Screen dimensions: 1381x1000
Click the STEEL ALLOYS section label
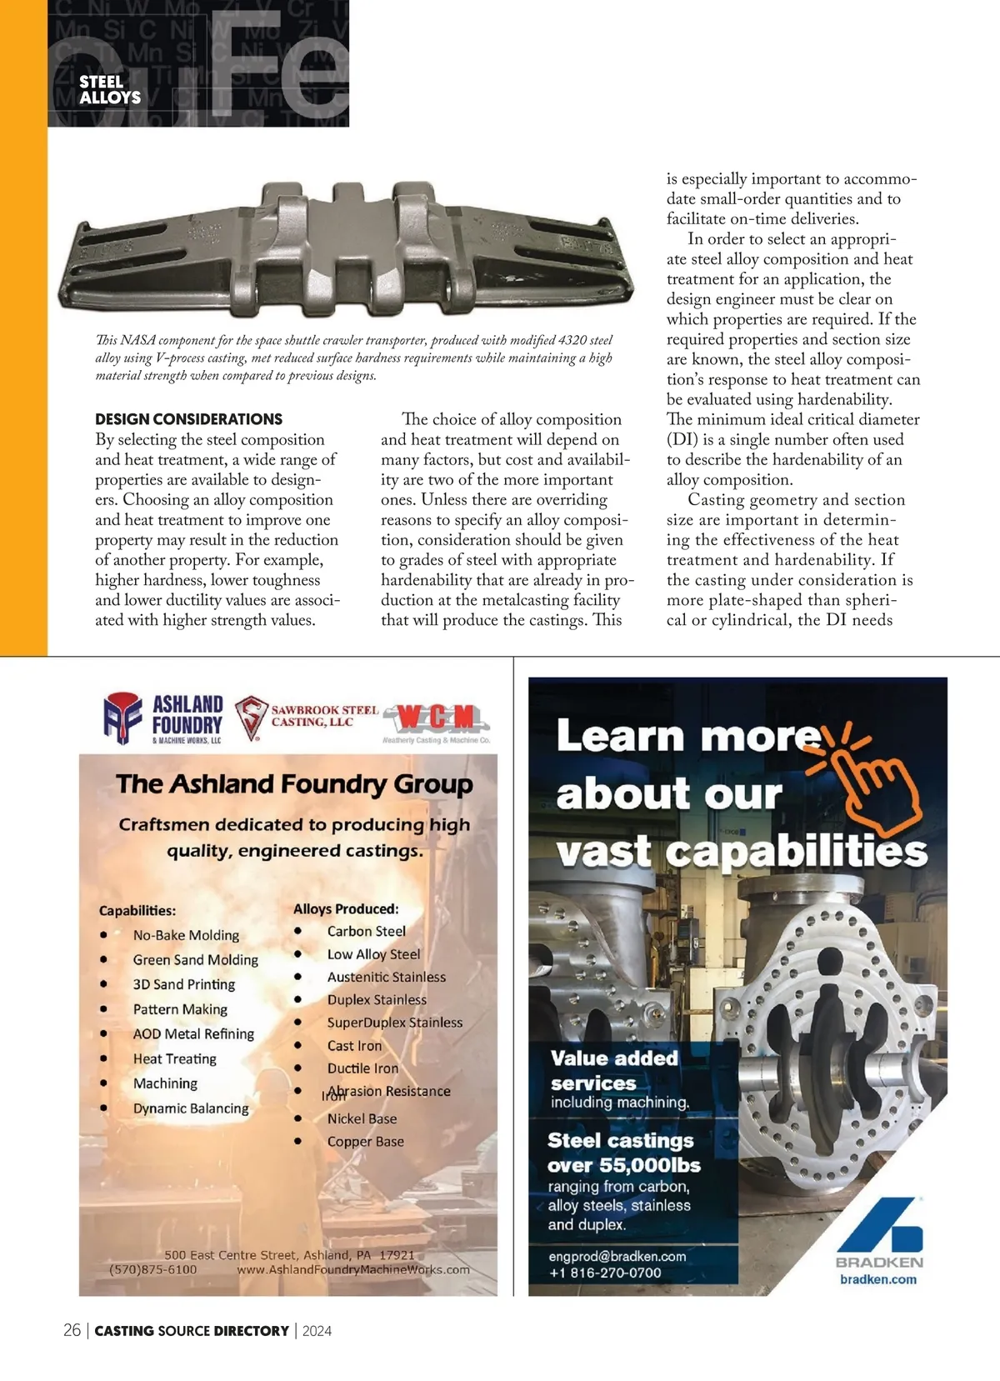pyautogui.click(x=109, y=89)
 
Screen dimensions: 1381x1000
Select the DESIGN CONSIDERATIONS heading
pyautogui.click(x=188, y=419)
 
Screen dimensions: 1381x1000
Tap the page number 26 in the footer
pyautogui.click(x=72, y=1330)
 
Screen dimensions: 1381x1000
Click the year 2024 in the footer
pyautogui.click(x=317, y=1331)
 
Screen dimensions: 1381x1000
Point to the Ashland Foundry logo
pyautogui.click(x=163, y=718)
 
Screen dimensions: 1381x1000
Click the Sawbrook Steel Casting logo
pyautogui.click(x=306, y=717)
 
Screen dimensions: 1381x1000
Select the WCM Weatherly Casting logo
pyautogui.click(x=436, y=722)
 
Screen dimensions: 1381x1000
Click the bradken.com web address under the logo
pyautogui.click(x=877, y=1279)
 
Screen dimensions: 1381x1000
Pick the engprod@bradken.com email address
pyautogui.click(x=617, y=1256)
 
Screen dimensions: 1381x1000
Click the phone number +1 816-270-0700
pyautogui.click(x=605, y=1273)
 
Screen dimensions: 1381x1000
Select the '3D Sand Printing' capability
pyautogui.click(x=184, y=984)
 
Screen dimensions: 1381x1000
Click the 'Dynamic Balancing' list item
pyautogui.click(x=191, y=1108)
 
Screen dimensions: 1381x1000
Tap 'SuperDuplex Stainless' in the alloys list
pyautogui.click(x=394, y=1023)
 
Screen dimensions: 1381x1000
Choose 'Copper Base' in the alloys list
pyautogui.click(x=365, y=1142)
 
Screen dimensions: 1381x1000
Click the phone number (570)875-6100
pyautogui.click(x=153, y=1269)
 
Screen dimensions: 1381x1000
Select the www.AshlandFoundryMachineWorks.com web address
pyautogui.click(x=353, y=1269)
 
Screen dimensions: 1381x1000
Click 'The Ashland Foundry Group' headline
pyautogui.click(x=294, y=784)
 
